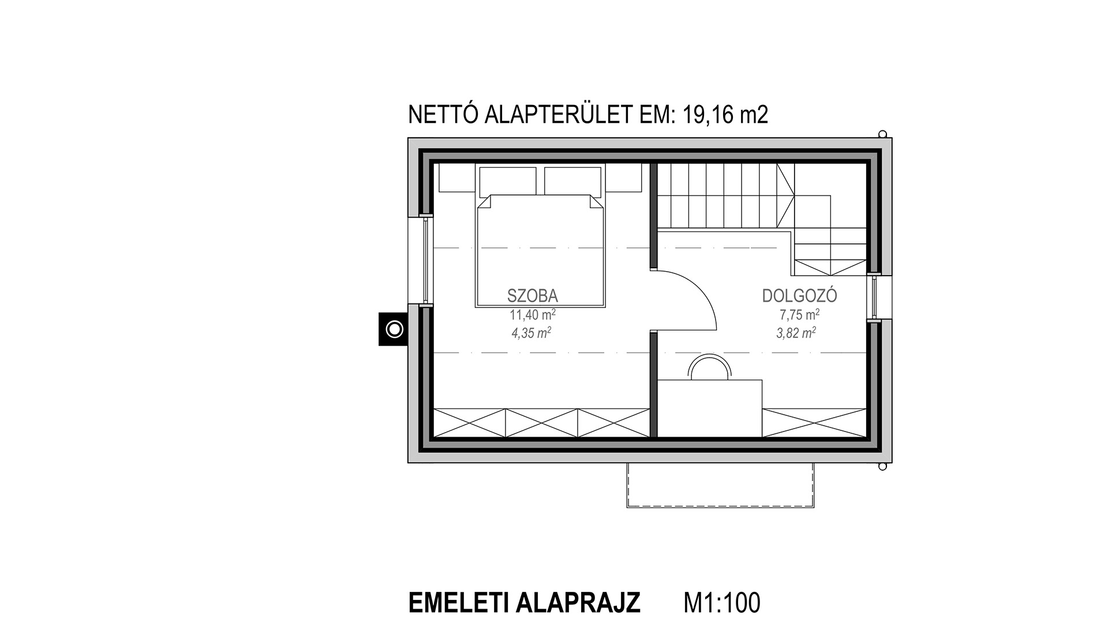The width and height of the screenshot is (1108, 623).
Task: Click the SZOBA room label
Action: click(x=532, y=296)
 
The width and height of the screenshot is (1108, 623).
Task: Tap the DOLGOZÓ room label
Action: click(x=799, y=296)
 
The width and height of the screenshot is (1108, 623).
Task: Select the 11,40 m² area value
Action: click(x=532, y=315)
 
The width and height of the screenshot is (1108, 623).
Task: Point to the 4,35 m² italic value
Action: click(x=531, y=333)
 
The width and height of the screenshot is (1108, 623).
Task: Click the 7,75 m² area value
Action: click(x=799, y=315)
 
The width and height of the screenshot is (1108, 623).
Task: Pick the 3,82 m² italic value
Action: click(x=796, y=333)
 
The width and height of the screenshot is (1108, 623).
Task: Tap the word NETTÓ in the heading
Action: click(x=443, y=115)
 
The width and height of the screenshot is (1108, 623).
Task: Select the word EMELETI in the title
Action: click(x=458, y=603)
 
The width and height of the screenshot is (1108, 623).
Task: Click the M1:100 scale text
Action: click(x=722, y=603)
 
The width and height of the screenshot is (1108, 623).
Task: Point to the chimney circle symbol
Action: click(x=395, y=329)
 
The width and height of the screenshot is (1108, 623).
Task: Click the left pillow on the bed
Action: click(x=508, y=181)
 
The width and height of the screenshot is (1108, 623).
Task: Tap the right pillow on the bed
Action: click(x=573, y=181)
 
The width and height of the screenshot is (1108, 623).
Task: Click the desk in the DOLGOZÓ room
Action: click(x=710, y=408)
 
